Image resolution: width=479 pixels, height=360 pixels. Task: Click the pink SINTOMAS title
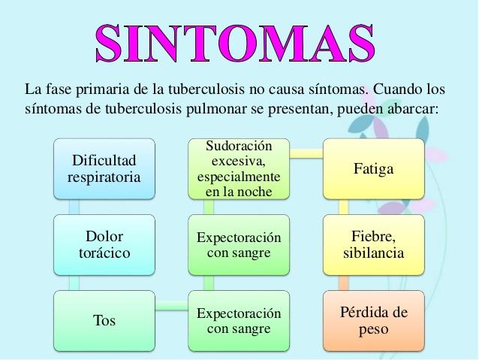point(235,43)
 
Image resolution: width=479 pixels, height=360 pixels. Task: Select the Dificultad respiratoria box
point(104,169)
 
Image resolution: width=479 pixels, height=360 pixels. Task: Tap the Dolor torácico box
point(104,245)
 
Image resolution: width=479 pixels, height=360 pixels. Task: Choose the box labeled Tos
point(104,321)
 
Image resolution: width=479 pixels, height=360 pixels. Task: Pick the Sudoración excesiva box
point(239,169)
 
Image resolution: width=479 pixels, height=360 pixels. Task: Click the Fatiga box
point(374,169)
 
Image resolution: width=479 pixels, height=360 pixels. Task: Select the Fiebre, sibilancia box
point(374,245)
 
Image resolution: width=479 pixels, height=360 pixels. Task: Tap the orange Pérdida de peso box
point(374,321)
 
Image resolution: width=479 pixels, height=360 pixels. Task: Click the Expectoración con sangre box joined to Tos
point(239,321)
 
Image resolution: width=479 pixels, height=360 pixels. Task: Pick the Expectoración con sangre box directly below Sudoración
point(239,245)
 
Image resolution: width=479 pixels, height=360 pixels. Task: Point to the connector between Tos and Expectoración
point(171,306)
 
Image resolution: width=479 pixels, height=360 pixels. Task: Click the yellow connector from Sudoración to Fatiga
point(306,153)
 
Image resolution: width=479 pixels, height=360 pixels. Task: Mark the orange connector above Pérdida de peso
point(344,283)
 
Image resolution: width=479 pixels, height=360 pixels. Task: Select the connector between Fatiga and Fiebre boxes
point(344,207)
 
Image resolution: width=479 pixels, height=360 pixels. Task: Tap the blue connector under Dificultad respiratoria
point(74,207)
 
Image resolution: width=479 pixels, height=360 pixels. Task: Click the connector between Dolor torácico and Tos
point(74,283)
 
